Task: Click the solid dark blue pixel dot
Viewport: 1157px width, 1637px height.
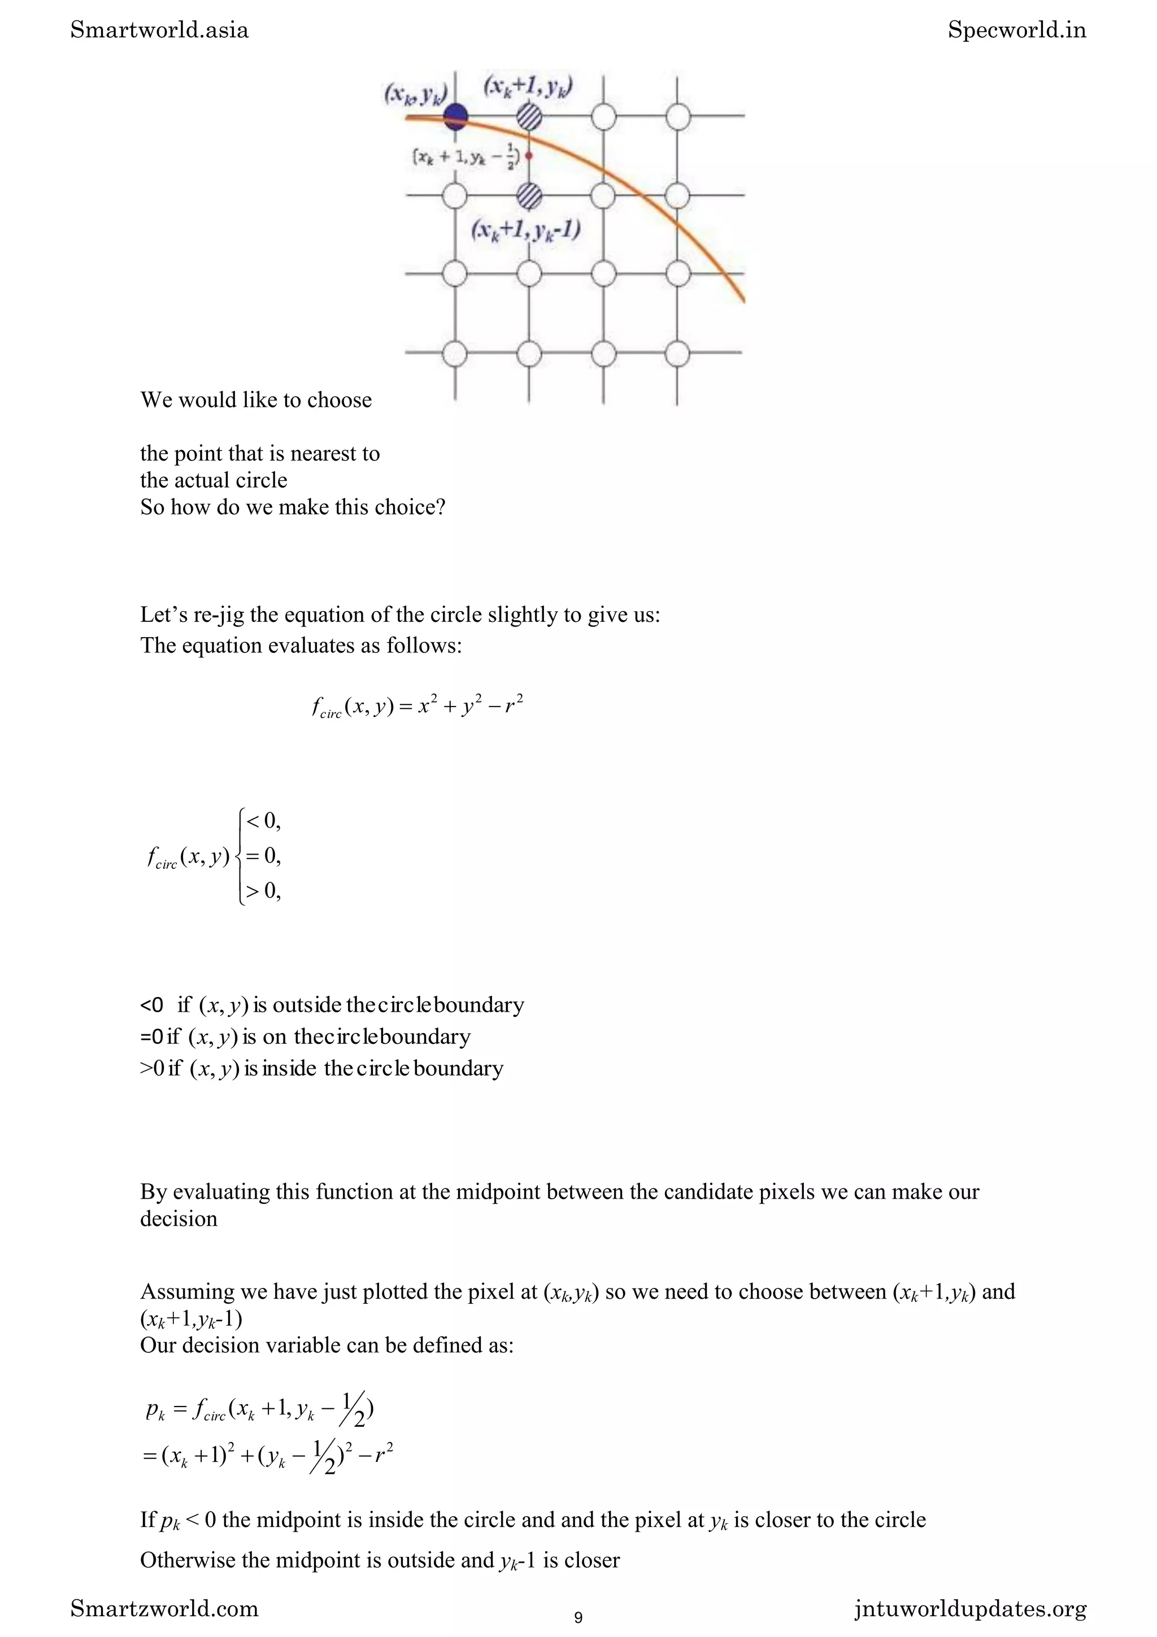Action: (455, 115)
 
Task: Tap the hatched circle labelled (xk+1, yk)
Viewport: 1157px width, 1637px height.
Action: (528, 115)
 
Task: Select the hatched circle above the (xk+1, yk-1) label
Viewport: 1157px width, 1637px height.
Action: (528, 194)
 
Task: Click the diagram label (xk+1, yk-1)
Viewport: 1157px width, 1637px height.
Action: (525, 230)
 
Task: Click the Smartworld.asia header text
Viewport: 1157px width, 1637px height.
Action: (160, 30)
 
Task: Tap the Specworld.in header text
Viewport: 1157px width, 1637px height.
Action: (1016, 30)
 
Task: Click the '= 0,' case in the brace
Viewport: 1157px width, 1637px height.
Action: (263, 856)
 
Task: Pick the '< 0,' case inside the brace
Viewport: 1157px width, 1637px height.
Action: (263, 821)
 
